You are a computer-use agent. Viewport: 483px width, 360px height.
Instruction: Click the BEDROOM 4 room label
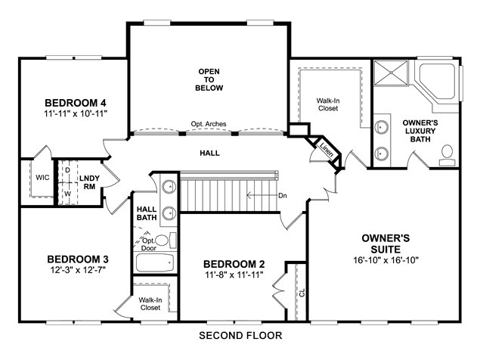(x=76, y=103)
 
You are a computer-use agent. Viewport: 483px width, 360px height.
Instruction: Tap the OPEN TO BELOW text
(x=209, y=80)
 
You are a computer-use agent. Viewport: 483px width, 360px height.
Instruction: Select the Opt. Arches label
(x=209, y=124)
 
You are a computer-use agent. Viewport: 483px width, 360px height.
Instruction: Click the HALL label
(x=210, y=154)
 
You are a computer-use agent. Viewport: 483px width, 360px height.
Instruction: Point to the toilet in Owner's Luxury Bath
(x=447, y=156)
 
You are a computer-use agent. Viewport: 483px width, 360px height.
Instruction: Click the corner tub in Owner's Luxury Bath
(x=438, y=82)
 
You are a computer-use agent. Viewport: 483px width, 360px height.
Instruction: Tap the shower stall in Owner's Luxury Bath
(x=391, y=73)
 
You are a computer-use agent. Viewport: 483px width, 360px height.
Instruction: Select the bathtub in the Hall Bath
(x=155, y=262)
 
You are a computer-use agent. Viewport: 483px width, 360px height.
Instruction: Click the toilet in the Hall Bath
(x=166, y=241)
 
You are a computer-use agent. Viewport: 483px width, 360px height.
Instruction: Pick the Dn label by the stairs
(x=283, y=196)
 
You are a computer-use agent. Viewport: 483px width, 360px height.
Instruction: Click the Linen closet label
(x=327, y=150)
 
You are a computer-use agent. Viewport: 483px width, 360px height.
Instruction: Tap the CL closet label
(x=302, y=293)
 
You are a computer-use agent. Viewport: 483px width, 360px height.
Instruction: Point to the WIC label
(x=42, y=178)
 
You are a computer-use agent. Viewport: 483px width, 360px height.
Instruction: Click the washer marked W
(x=68, y=194)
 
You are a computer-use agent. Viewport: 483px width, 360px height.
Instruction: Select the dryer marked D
(x=68, y=170)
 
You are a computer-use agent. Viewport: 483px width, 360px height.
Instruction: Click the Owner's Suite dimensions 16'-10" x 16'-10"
(x=386, y=260)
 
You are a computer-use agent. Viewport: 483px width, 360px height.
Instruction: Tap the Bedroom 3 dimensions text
(x=79, y=270)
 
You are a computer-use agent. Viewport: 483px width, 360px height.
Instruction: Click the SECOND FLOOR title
(x=240, y=335)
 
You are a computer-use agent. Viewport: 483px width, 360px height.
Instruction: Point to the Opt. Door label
(x=149, y=244)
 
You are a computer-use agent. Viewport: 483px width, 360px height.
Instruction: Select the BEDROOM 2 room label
(x=234, y=264)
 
